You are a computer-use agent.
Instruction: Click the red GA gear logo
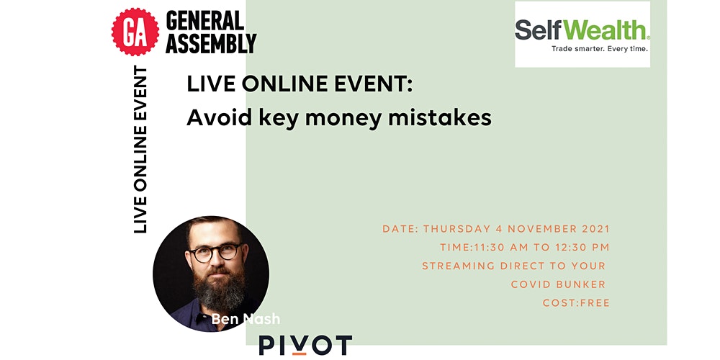point(135,32)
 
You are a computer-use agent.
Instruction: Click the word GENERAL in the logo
point(204,21)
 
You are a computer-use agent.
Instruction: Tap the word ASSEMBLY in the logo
point(211,43)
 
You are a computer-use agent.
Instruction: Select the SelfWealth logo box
point(582,34)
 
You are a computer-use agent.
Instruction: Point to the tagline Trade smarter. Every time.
point(600,49)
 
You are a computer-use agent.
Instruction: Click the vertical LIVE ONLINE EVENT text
point(140,149)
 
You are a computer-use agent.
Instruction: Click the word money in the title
point(343,119)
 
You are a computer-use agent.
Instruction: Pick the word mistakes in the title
point(440,118)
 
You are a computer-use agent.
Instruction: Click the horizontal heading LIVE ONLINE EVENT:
point(300,85)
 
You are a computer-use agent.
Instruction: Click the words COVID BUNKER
point(559,284)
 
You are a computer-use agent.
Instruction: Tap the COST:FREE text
point(576,303)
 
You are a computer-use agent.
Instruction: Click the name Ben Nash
point(246,319)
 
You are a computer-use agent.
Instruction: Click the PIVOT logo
point(305,346)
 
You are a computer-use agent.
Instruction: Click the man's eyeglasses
point(215,252)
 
